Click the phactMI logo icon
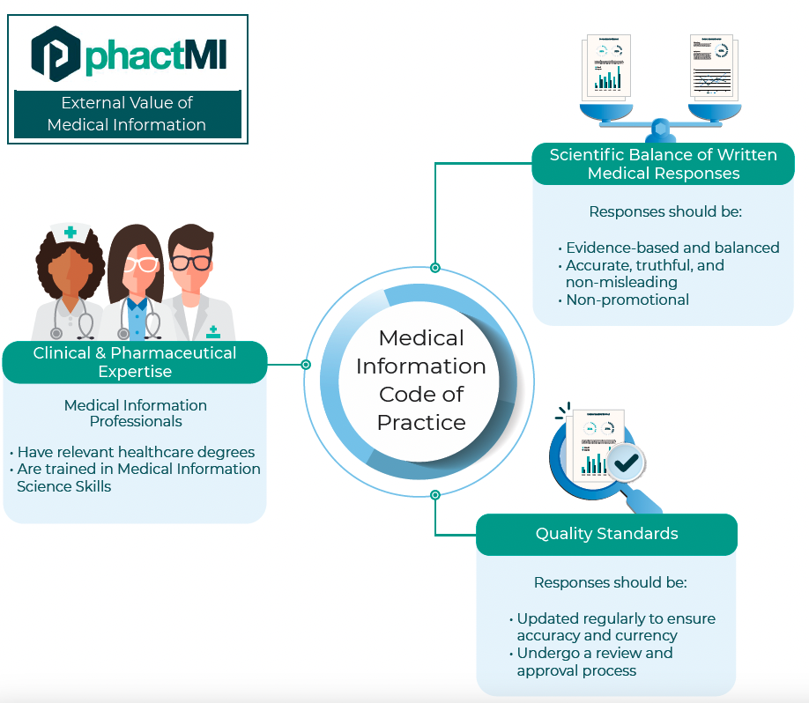(x=55, y=54)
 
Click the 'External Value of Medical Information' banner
(x=127, y=115)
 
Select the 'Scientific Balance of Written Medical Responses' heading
(x=663, y=164)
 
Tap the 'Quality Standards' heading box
(x=606, y=534)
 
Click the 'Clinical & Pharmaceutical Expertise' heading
(x=134, y=362)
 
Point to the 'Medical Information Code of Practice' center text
(x=421, y=380)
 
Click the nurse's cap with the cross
(x=69, y=233)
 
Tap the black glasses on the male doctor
(x=190, y=262)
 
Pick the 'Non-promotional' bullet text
(x=627, y=300)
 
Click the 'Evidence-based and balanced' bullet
(x=672, y=248)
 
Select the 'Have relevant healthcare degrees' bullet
(x=136, y=452)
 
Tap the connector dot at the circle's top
(x=434, y=267)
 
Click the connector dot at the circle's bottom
(x=434, y=494)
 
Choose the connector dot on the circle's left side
(x=306, y=364)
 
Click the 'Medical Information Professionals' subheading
(x=136, y=413)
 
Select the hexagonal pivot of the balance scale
(x=662, y=131)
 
